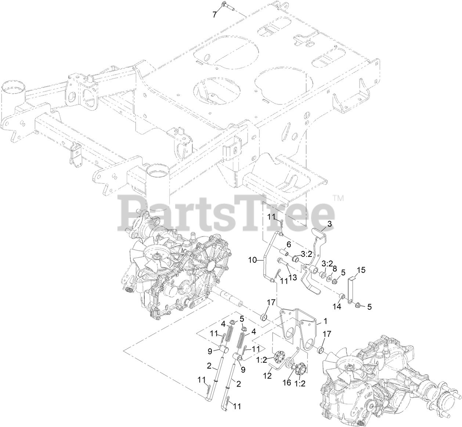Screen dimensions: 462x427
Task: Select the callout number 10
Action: tap(252, 261)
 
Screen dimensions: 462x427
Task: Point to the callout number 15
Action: tap(361, 270)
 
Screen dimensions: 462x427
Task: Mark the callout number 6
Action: tap(289, 244)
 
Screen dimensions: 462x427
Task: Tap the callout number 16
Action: tap(287, 383)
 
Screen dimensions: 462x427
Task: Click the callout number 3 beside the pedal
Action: tap(329, 223)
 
